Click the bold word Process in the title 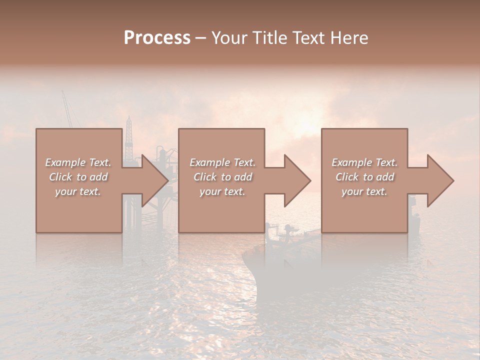coord(157,37)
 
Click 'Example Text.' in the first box coord(78,162)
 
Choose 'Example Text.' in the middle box coord(222,162)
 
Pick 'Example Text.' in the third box coord(364,162)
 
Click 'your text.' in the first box coord(78,191)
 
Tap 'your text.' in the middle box coord(222,191)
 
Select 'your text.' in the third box coord(364,191)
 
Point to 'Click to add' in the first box coord(78,177)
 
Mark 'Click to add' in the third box coord(364,177)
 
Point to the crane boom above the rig coord(67,107)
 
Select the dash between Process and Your coord(200,38)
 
